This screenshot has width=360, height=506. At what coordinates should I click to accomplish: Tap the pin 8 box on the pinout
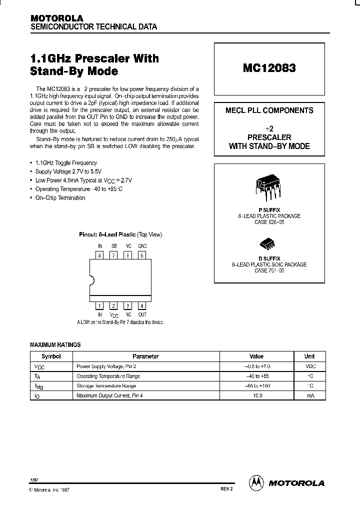[x=100, y=255]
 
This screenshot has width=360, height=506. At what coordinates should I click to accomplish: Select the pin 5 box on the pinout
[x=142, y=255]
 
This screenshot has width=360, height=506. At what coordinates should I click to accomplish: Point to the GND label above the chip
[x=142, y=246]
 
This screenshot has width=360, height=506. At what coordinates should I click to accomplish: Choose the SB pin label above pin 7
[x=114, y=246]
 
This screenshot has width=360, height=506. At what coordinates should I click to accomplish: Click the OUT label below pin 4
[x=142, y=314]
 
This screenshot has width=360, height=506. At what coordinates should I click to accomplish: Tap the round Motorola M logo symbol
[x=255, y=482]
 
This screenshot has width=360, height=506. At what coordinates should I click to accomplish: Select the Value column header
[x=256, y=356]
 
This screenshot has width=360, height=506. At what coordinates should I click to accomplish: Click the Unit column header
[x=309, y=356]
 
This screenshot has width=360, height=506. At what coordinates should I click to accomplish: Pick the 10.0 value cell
[x=256, y=395]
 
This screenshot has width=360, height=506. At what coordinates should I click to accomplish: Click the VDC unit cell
[x=309, y=366]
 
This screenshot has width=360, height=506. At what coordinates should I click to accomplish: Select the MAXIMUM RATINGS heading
[x=55, y=345]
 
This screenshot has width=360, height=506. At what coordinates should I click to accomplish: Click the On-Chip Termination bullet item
[x=60, y=198]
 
